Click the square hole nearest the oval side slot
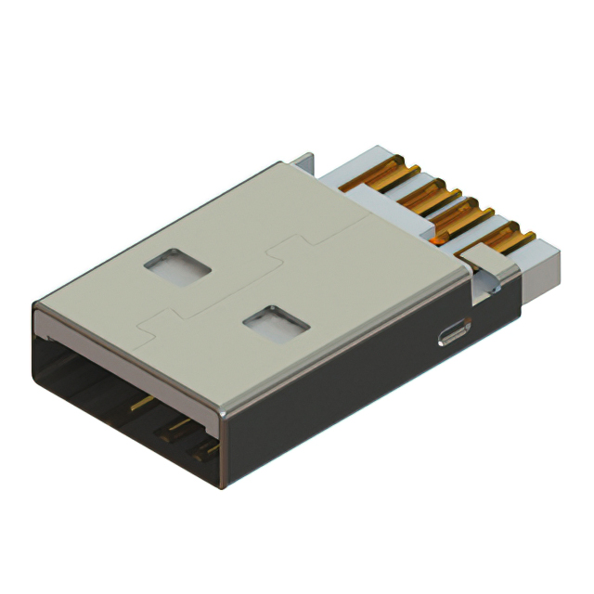coord(276,324)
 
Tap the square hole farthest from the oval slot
coord(177,265)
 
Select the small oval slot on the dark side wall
coord(454,333)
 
